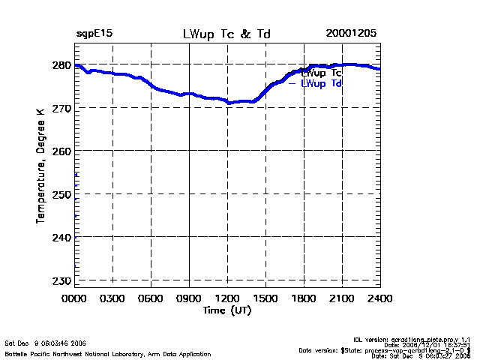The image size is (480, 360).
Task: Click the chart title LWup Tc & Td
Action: click(x=227, y=34)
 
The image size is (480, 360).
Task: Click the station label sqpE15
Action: click(x=94, y=34)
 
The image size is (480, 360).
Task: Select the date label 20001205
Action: click(x=351, y=34)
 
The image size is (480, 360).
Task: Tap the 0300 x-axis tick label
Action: click(x=112, y=298)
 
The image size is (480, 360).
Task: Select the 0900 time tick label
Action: click(x=189, y=298)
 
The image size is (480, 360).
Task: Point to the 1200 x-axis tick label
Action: click(x=227, y=298)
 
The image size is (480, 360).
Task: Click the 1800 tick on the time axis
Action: click(x=304, y=298)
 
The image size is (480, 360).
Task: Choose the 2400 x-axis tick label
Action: click(x=379, y=298)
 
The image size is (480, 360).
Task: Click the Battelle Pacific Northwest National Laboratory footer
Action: click(x=108, y=353)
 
